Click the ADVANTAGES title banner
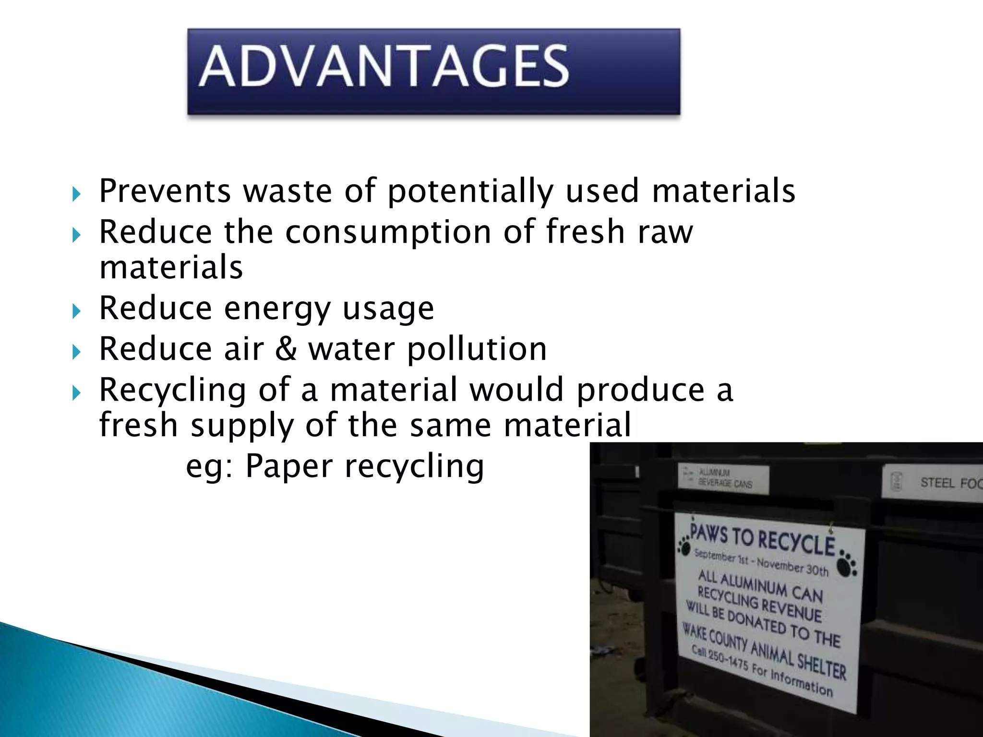(x=433, y=71)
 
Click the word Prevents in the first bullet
(x=165, y=191)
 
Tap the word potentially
(x=470, y=191)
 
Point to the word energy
(x=277, y=309)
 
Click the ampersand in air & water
(x=286, y=349)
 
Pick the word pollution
(x=477, y=349)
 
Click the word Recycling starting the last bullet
(x=172, y=390)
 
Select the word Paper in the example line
(x=288, y=466)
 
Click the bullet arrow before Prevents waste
(x=76, y=194)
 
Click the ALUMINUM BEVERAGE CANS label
(x=725, y=478)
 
